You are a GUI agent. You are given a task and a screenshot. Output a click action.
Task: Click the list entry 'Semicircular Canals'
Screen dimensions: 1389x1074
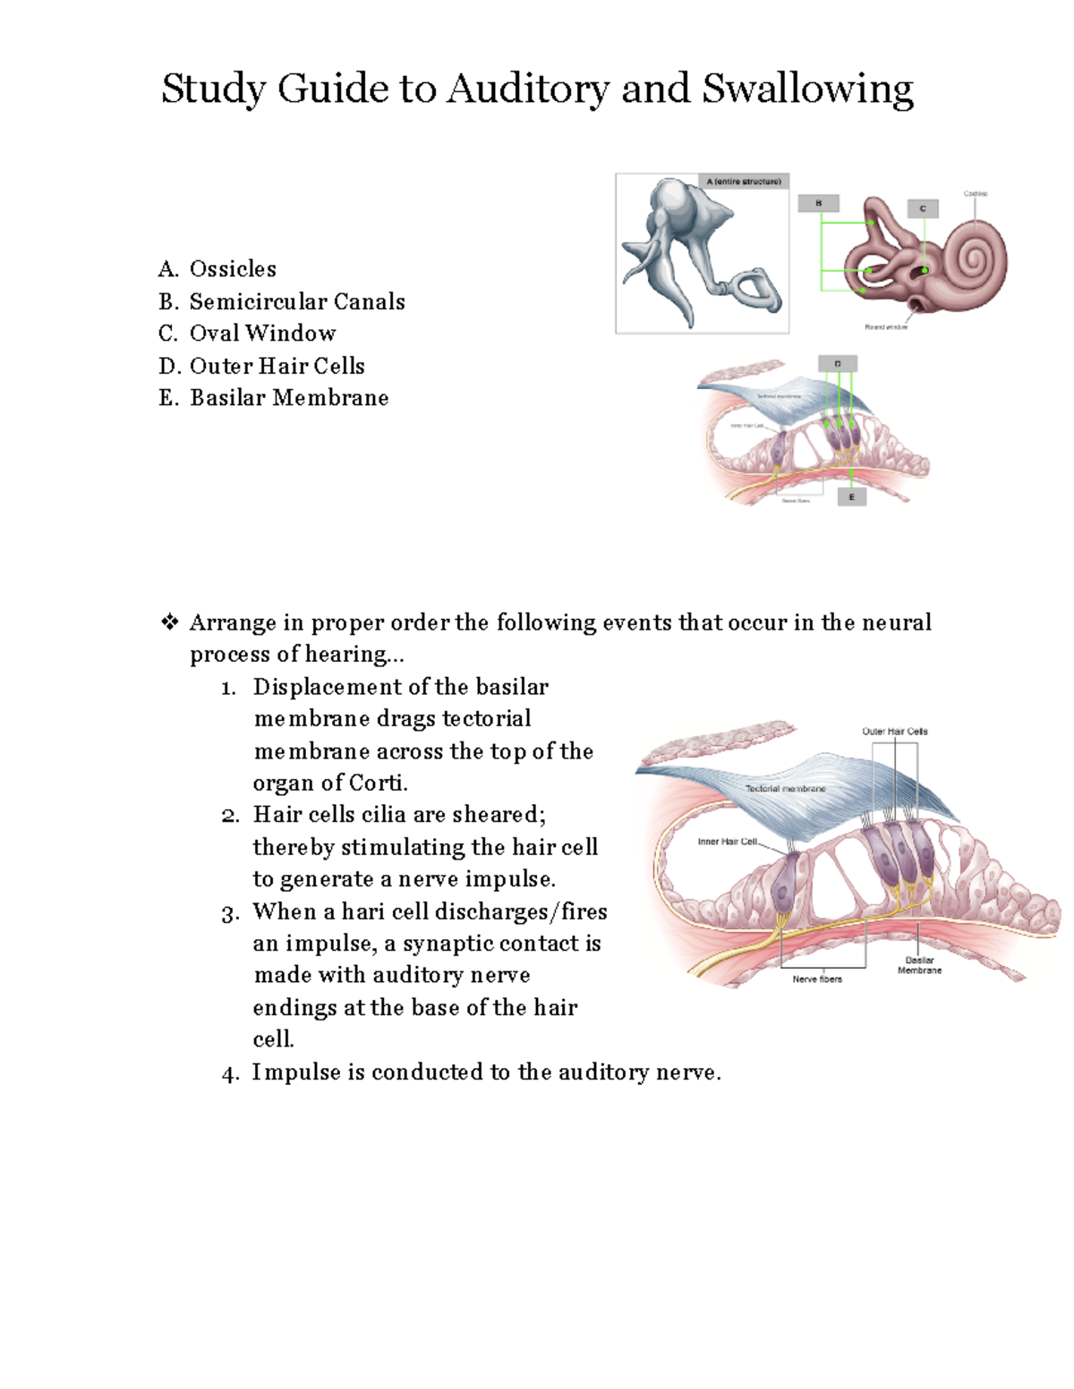click(x=297, y=301)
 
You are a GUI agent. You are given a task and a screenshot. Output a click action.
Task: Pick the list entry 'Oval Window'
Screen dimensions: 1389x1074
click(x=262, y=334)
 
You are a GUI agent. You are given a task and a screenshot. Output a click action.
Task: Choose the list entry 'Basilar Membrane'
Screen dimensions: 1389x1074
click(x=289, y=398)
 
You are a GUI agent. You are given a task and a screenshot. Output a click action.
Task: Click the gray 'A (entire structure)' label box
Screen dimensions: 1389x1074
click(x=744, y=182)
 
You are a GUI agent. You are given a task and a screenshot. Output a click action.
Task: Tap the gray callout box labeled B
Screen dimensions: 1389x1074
click(x=818, y=204)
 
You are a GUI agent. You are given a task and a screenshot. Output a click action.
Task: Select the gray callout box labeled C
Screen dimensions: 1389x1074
click(x=923, y=208)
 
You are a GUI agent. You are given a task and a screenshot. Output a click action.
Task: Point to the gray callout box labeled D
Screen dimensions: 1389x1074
click(x=838, y=364)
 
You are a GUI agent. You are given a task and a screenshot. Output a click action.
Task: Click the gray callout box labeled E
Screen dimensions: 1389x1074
click(x=851, y=497)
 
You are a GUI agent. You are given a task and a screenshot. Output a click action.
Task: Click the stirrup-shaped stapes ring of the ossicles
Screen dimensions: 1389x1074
click(x=749, y=290)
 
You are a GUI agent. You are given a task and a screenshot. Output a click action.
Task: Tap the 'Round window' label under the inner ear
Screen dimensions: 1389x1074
click(x=886, y=327)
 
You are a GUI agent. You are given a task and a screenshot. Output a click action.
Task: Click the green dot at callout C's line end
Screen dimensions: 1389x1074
click(x=925, y=269)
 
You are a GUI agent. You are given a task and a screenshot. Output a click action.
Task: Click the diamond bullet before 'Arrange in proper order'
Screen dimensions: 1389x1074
click(x=169, y=623)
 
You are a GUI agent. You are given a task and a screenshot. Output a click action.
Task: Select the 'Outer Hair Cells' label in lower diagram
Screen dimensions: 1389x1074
click(x=894, y=732)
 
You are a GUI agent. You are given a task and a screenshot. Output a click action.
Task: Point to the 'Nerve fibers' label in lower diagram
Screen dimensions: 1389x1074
click(x=817, y=979)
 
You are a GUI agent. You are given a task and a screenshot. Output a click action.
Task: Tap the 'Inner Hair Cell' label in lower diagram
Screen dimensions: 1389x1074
click(x=727, y=842)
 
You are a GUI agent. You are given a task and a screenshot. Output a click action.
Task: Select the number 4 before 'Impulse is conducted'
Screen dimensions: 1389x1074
click(x=230, y=1074)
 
